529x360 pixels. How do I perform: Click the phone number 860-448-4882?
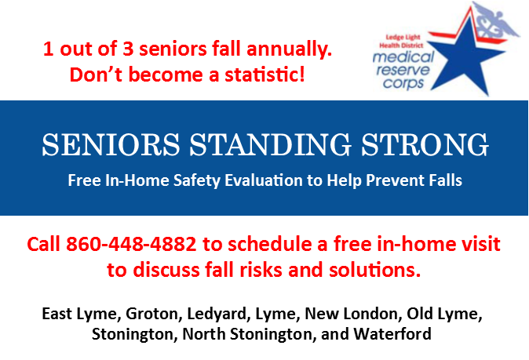[x=131, y=244]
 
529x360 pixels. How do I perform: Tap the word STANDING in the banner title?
[x=271, y=144]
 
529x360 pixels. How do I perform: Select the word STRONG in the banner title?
[x=425, y=144]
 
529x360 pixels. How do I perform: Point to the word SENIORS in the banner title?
[x=111, y=144]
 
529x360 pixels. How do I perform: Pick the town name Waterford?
[x=392, y=334]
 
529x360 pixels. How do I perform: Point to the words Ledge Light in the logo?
[x=403, y=38]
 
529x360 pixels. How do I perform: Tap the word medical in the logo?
[x=403, y=57]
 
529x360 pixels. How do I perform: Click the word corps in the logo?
[x=403, y=83]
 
